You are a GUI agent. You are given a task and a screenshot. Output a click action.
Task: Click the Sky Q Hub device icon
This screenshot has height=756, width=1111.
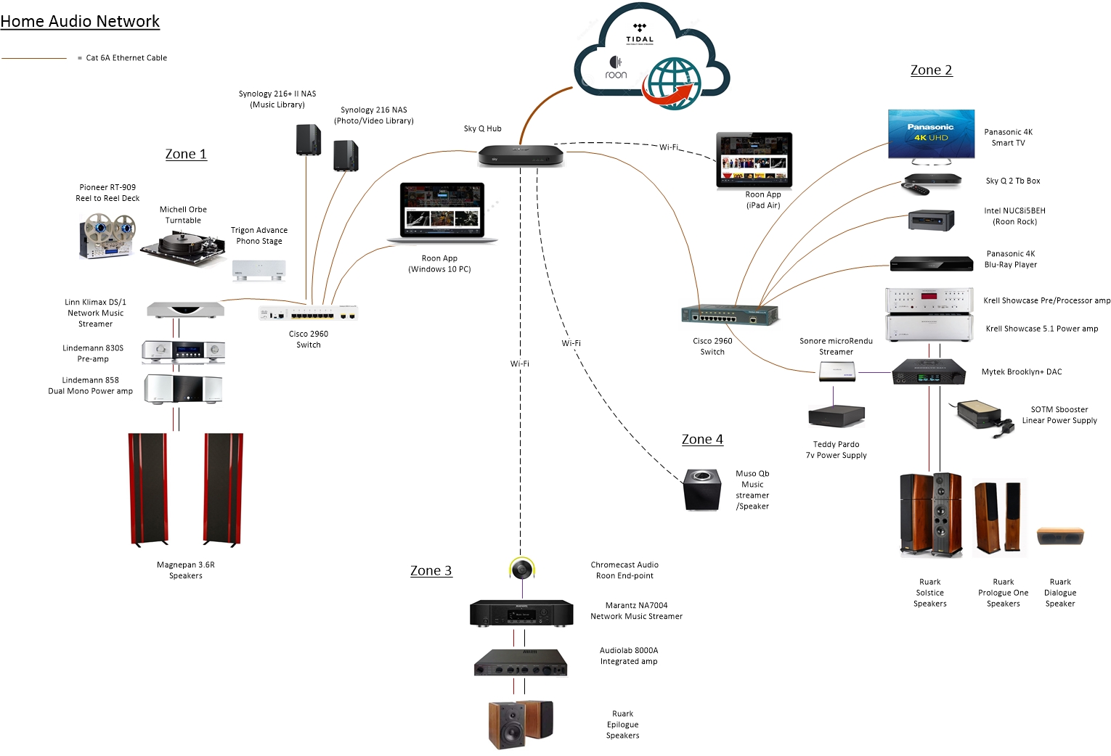(x=521, y=155)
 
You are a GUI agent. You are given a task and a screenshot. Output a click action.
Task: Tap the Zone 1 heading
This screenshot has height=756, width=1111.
(x=186, y=154)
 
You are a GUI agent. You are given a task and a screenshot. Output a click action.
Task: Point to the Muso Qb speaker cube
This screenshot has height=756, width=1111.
(x=701, y=490)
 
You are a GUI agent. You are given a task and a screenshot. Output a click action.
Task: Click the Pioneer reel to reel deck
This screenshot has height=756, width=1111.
(x=107, y=236)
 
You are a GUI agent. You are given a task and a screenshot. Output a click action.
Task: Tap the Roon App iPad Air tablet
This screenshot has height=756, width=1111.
(x=754, y=160)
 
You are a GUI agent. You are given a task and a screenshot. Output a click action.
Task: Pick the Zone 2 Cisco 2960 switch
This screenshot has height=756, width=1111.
(x=730, y=315)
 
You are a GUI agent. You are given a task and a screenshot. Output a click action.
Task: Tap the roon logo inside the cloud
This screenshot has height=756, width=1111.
(x=616, y=67)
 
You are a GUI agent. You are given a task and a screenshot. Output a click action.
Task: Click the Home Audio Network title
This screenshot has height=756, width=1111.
(x=80, y=21)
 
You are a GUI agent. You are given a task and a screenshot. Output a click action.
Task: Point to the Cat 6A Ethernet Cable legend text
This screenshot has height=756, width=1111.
(x=126, y=58)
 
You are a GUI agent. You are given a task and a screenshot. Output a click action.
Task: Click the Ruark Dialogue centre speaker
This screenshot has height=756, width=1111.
(x=1060, y=536)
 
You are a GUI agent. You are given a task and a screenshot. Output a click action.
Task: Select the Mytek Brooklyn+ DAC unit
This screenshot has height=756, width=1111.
(x=929, y=371)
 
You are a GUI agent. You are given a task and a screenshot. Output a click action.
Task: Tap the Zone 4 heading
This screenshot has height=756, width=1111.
(x=702, y=439)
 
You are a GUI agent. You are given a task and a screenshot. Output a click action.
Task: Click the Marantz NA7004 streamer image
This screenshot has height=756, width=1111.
(x=521, y=613)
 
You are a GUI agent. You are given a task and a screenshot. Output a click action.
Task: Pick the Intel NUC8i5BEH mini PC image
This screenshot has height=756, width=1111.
(x=931, y=220)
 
